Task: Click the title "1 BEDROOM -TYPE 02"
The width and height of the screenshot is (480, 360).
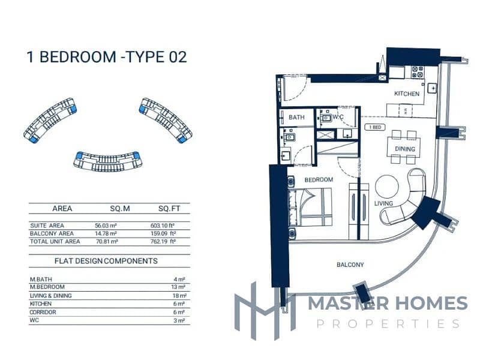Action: pyautogui.click(x=107, y=57)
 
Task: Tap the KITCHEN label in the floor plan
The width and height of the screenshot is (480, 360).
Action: pyautogui.click(x=407, y=94)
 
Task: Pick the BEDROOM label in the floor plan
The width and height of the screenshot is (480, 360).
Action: pyautogui.click(x=319, y=179)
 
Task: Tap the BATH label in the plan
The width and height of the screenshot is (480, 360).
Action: pyautogui.click(x=296, y=118)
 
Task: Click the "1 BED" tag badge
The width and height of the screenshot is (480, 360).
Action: pyautogui.click(x=374, y=128)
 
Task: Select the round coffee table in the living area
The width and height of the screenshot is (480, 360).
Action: pyautogui.click(x=386, y=186)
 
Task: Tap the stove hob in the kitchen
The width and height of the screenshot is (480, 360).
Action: pyautogui.click(x=417, y=72)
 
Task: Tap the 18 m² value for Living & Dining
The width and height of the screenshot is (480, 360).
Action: pyautogui.click(x=181, y=296)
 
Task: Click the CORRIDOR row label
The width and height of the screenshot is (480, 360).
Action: pyautogui.click(x=43, y=312)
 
